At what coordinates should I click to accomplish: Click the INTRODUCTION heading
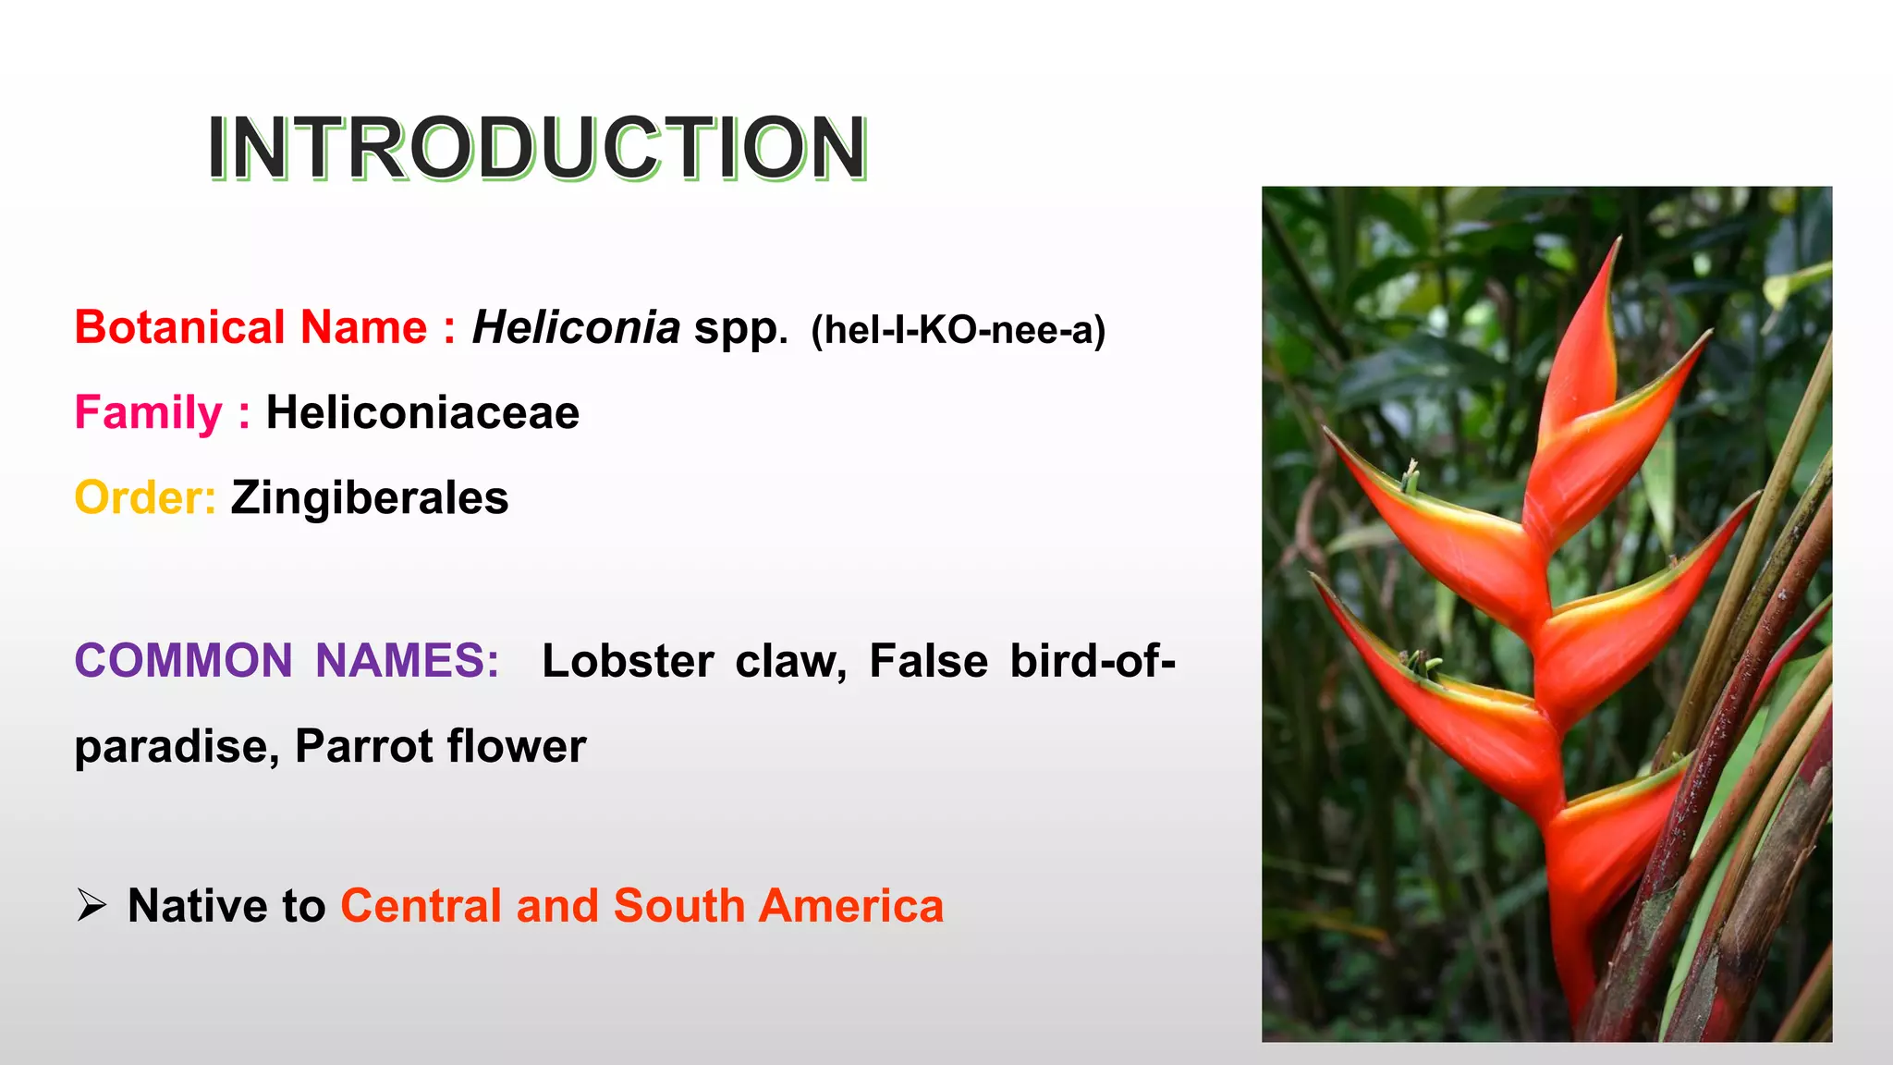[x=536, y=148]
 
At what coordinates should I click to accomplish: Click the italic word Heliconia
[x=576, y=327]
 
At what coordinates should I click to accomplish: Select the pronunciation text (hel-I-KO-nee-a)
[x=958, y=330]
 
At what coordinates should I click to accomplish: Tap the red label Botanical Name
[x=250, y=327]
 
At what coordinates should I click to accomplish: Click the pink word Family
[x=148, y=412]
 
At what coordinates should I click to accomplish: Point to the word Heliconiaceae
[x=422, y=412]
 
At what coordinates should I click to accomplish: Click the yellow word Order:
[x=145, y=497]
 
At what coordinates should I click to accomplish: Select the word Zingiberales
[x=370, y=497]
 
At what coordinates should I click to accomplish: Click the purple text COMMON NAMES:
[x=287, y=661]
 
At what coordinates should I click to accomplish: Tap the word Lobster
[x=628, y=661]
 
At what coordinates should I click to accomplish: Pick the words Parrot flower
[x=440, y=746]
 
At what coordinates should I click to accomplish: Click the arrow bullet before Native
[x=92, y=905]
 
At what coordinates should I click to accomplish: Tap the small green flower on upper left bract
[x=1410, y=477]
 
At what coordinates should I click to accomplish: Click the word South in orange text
[x=679, y=905]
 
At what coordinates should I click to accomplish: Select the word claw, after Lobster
[x=790, y=661]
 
